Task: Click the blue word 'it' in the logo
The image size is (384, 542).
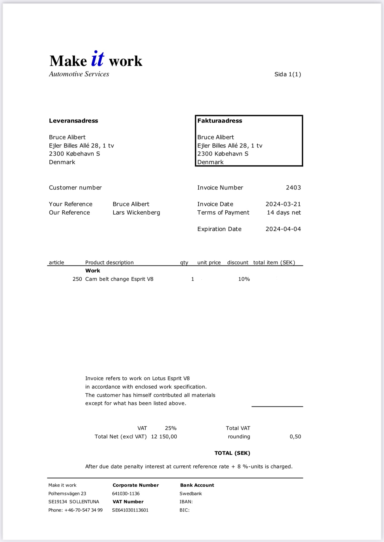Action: click(x=98, y=59)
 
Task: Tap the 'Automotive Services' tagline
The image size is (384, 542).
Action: click(x=79, y=74)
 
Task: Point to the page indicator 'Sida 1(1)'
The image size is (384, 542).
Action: click(x=287, y=74)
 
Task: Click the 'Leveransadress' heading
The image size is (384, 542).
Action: click(x=74, y=121)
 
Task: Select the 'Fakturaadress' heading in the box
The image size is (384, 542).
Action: click(x=220, y=121)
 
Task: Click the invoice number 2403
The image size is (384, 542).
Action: click(x=293, y=188)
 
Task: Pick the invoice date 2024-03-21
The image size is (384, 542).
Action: click(x=283, y=204)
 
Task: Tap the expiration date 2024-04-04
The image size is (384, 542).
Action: click(x=283, y=229)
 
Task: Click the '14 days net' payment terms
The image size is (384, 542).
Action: click(x=284, y=213)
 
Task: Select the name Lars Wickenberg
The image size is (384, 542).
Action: click(x=136, y=213)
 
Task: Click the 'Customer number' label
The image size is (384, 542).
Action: click(x=75, y=188)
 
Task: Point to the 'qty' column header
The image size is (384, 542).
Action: click(x=184, y=263)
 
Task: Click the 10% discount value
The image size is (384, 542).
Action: click(x=244, y=279)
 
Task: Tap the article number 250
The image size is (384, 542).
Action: click(x=77, y=279)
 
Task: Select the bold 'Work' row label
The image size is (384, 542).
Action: click(x=93, y=271)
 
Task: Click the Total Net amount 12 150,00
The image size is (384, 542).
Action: click(x=164, y=437)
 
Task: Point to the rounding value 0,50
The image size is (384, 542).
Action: click(x=295, y=437)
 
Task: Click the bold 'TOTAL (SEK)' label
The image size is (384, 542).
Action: click(x=232, y=453)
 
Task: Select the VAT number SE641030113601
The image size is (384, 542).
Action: click(x=130, y=510)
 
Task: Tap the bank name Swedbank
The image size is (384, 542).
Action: click(x=191, y=494)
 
